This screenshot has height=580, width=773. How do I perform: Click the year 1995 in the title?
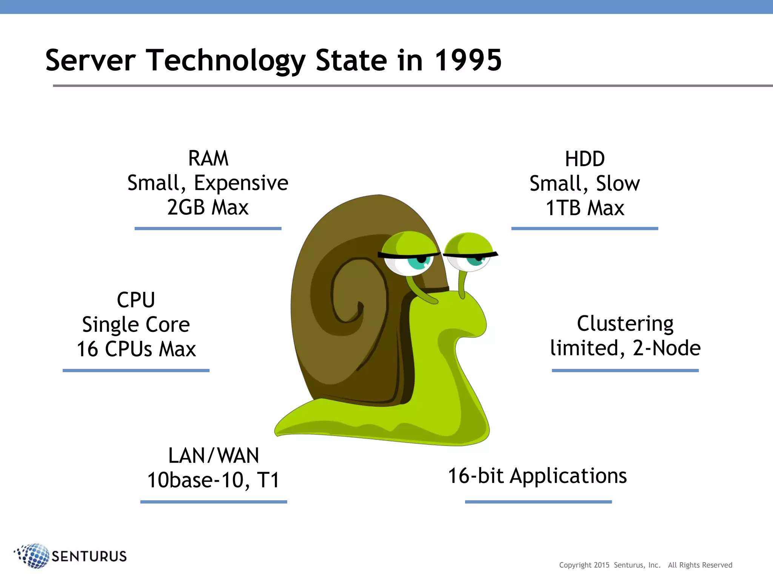click(x=468, y=60)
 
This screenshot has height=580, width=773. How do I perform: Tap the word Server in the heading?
click(x=91, y=60)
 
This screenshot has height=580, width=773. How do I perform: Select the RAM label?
click(x=208, y=159)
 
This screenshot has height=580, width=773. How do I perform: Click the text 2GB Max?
click(x=208, y=207)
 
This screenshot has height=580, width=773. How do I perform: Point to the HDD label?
click(x=585, y=159)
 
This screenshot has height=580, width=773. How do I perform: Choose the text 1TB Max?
click(x=585, y=208)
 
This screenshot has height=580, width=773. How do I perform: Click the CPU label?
click(x=136, y=300)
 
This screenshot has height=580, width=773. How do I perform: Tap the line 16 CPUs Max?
click(x=136, y=349)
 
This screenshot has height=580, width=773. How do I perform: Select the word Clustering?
click(x=625, y=324)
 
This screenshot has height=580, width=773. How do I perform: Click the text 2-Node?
click(x=667, y=348)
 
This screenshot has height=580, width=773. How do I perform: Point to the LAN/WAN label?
click(x=214, y=455)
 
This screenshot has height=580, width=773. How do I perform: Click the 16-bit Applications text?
click(x=537, y=476)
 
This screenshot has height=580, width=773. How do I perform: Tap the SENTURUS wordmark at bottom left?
click(x=89, y=556)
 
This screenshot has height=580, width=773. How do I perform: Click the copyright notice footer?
click(x=645, y=565)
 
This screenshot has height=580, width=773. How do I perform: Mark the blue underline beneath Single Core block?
click(x=136, y=370)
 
